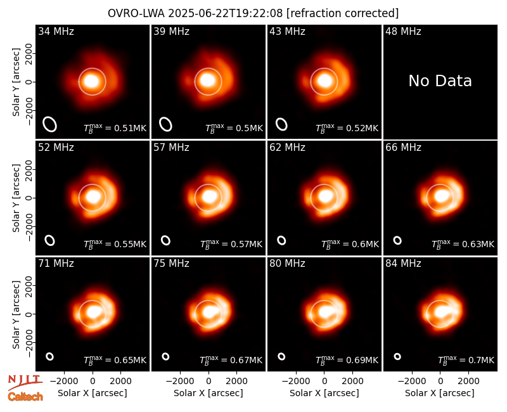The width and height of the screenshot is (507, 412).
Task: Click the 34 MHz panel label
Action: (x=56, y=31)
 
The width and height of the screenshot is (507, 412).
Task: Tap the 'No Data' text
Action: (x=440, y=80)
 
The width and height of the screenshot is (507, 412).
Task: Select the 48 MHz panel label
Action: (x=403, y=31)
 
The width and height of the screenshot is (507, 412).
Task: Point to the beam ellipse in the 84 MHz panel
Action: (x=397, y=356)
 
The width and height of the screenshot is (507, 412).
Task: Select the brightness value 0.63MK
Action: (x=478, y=244)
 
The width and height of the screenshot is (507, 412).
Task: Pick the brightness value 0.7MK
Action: (x=481, y=360)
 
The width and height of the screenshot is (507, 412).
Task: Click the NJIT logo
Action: (x=25, y=382)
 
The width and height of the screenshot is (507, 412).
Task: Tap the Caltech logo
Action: (x=25, y=397)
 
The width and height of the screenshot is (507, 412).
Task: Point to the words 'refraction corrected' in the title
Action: (x=342, y=13)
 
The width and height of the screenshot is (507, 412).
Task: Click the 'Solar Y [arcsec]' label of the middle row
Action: (x=16, y=198)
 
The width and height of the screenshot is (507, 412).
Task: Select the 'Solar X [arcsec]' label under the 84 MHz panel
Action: (x=440, y=393)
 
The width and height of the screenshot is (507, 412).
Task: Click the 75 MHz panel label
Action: (x=171, y=264)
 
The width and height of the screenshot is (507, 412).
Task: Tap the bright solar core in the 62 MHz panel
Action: (x=324, y=196)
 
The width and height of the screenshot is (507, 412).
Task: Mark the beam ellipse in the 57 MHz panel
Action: (x=165, y=240)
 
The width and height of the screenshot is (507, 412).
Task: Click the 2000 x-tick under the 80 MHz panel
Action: (x=352, y=381)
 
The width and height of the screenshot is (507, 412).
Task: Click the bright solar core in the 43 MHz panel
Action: (x=324, y=80)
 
